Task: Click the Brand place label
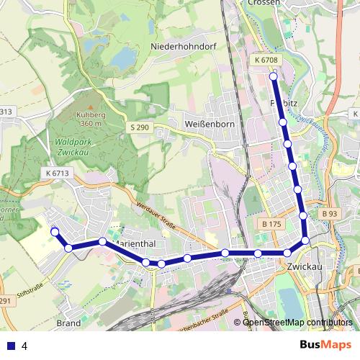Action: (68, 323)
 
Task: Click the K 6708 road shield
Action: (266, 60)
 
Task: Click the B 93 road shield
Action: (330, 214)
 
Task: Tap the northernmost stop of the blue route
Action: (274, 76)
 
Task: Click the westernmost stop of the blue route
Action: (55, 231)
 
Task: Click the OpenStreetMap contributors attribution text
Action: (298, 323)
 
